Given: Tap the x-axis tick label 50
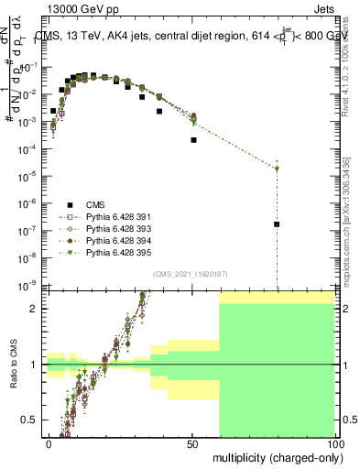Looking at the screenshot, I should coord(192,443).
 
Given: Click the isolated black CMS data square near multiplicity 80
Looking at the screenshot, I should coord(278,224).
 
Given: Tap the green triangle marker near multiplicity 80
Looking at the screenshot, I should coord(278,169).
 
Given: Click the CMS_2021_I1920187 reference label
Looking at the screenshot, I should coord(189,274).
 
